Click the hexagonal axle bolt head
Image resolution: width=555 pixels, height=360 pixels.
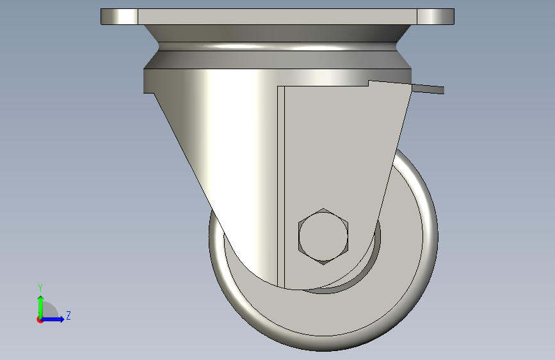click(323, 236)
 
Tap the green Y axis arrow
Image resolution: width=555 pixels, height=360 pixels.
click(41, 307)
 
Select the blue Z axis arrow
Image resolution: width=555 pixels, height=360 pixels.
click(52, 319)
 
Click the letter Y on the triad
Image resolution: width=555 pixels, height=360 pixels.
click(40, 288)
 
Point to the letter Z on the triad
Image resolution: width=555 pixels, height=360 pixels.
click(68, 315)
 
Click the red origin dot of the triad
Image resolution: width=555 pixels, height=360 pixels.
click(39, 320)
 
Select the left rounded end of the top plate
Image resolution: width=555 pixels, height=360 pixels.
click(119, 17)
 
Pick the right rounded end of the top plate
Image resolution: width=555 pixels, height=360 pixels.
click(435, 17)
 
